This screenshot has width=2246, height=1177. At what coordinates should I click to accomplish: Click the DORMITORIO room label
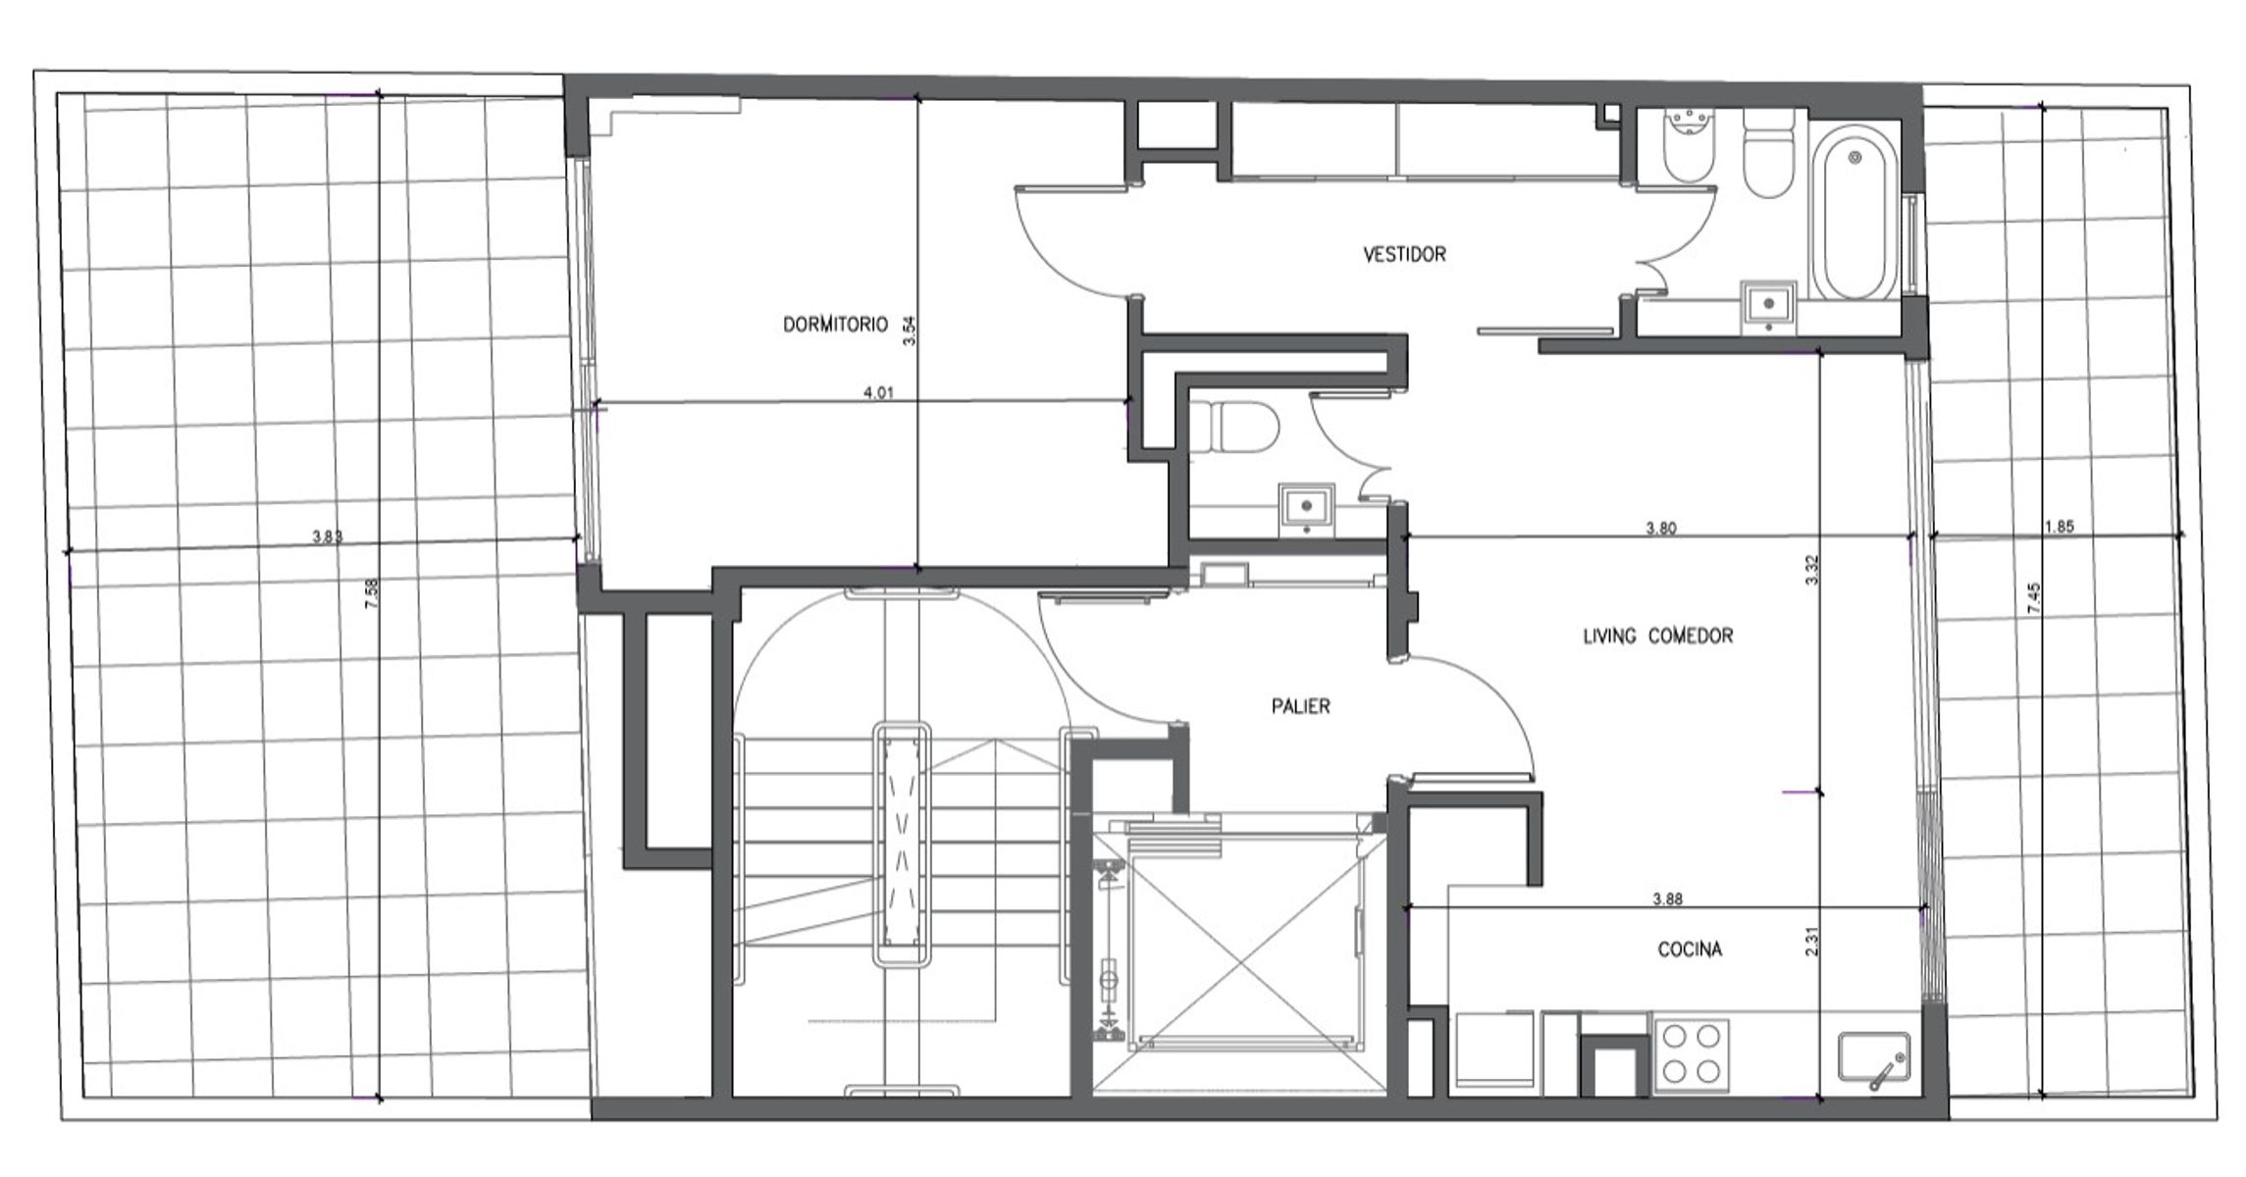coord(835,325)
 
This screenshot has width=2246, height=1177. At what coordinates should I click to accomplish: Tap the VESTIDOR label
coord(1404,255)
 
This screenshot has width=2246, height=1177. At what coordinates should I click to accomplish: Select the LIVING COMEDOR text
coord(1658,636)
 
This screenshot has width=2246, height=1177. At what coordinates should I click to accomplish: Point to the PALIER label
coord(1301,706)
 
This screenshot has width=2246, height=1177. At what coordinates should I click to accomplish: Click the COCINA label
coord(1690,949)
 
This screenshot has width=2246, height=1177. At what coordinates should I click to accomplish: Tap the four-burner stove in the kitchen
coord(1692,1054)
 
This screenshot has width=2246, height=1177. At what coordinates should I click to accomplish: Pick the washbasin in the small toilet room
coord(1306,508)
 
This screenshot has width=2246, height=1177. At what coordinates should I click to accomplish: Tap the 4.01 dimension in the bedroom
coord(878,393)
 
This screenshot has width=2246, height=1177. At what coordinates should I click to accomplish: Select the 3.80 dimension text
coord(1661,529)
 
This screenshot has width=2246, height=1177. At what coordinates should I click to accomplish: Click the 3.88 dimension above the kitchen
coord(1668,898)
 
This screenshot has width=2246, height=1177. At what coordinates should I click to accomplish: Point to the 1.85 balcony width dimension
coord(2059,527)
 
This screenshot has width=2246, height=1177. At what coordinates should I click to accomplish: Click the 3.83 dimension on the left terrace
coord(328,537)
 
